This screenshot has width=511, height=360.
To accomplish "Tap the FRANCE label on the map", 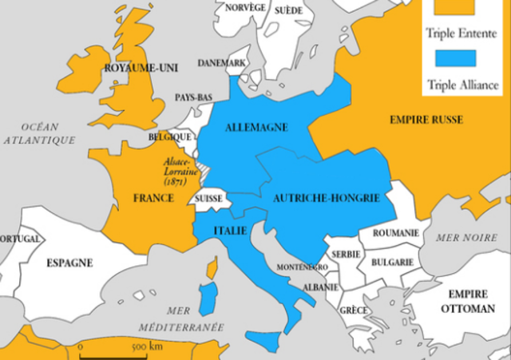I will [x=154, y=197].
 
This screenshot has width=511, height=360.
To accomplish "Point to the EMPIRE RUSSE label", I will [x=426, y=120].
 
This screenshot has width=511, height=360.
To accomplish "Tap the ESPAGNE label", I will [x=69, y=262].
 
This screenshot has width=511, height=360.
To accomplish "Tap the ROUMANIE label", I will [x=394, y=232].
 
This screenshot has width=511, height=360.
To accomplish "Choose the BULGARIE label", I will [x=392, y=261].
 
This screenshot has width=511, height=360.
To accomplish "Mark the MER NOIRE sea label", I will [x=466, y=237].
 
